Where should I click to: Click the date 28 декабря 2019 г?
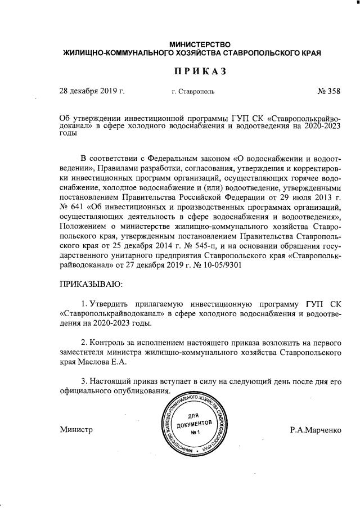coord(92,91)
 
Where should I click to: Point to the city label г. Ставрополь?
coord(192,91)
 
